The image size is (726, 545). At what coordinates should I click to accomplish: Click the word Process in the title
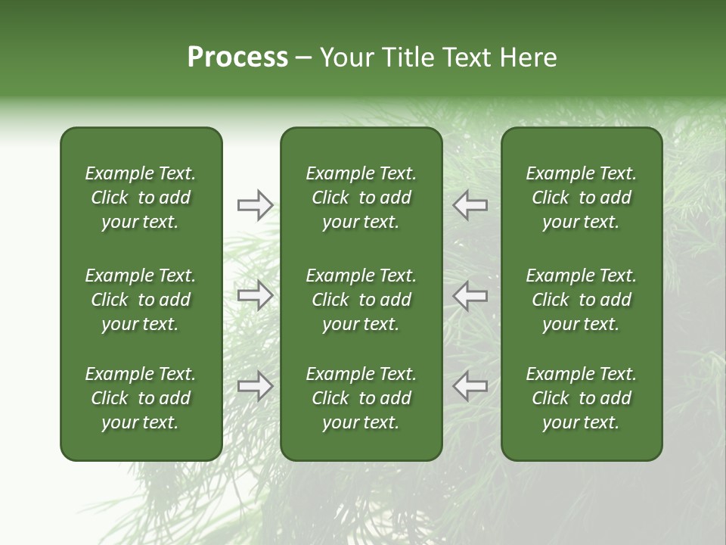click(237, 58)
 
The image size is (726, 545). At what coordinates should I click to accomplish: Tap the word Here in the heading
click(528, 58)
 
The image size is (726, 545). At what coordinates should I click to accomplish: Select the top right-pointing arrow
click(255, 204)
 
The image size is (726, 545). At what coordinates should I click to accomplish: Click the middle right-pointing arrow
click(255, 295)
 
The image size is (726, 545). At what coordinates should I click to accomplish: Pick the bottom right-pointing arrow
click(255, 386)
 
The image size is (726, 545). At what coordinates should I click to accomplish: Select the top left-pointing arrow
click(470, 204)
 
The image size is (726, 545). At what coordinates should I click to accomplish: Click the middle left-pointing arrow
click(470, 295)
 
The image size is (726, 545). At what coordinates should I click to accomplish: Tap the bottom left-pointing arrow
click(470, 386)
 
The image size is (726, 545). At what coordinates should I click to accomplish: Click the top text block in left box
click(141, 198)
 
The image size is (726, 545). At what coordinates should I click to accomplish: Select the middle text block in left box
click(141, 300)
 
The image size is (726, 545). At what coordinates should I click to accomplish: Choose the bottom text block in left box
click(141, 398)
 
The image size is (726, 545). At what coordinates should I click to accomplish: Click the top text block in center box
click(361, 198)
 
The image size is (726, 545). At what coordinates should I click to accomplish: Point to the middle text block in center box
click(361, 300)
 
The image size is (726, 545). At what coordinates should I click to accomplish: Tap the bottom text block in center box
click(361, 398)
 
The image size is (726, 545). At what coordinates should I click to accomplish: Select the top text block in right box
click(581, 198)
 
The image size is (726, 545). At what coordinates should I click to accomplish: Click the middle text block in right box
click(581, 300)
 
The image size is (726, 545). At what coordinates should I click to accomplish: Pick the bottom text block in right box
click(581, 398)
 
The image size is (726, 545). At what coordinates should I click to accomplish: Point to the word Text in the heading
click(467, 58)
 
